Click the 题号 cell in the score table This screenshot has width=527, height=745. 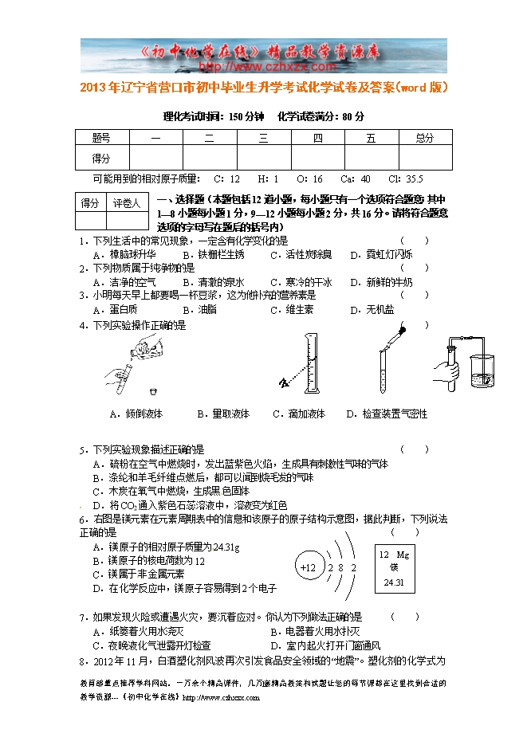[101, 138]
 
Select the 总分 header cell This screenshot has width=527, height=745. [425, 138]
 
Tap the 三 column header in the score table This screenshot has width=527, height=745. [263, 138]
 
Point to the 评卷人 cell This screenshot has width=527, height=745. [127, 203]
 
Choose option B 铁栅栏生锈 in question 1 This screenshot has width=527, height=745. [214, 255]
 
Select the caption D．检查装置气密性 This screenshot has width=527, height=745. [387, 414]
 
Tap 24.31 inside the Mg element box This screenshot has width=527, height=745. [394, 583]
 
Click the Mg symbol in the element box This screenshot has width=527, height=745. [403, 554]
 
